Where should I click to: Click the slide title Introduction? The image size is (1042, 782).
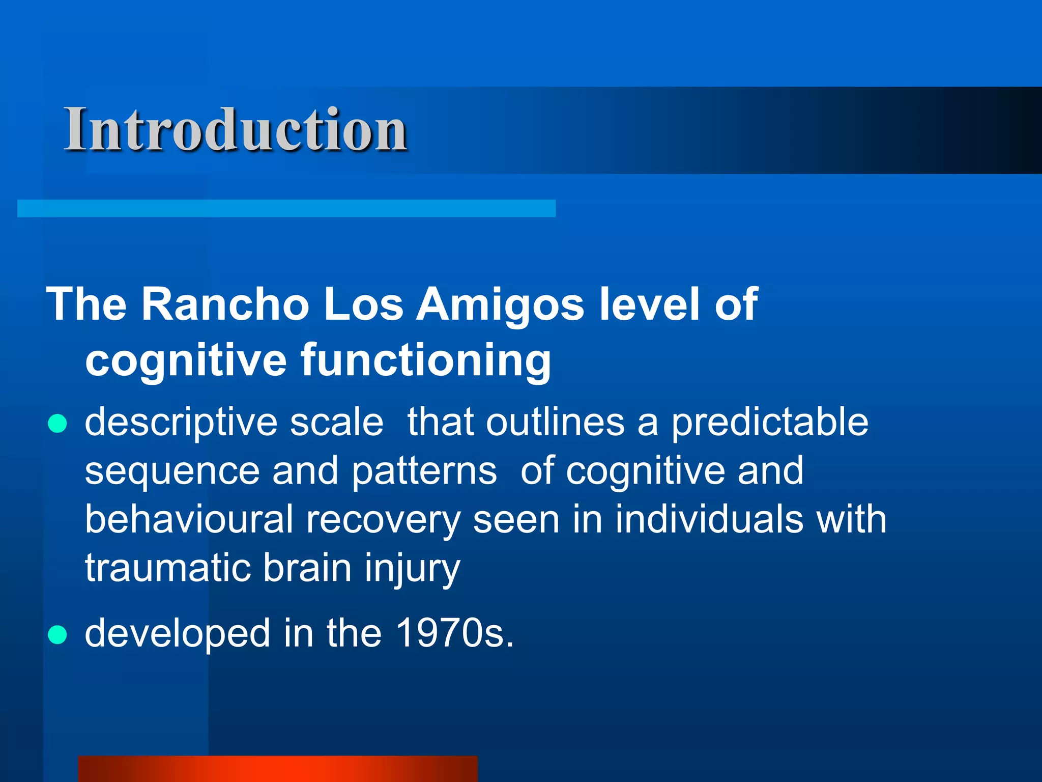pyautogui.click(x=235, y=130)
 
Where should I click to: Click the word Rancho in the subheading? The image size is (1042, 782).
pyautogui.click(x=225, y=304)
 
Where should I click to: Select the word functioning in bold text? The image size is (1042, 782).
pyautogui.click(x=425, y=360)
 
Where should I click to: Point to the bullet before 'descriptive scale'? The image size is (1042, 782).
pyautogui.click(x=57, y=423)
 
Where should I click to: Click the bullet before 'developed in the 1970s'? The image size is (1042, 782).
pyautogui.click(x=57, y=635)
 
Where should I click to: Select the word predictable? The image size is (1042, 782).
pyautogui.click(x=769, y=423)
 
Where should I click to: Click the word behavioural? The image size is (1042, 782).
pyautogui.click(x=189, y=520)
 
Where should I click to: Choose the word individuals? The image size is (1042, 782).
pyautogui.click(x=709, y=520)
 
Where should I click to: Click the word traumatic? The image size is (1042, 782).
pyautogui.click(x=167, y=568)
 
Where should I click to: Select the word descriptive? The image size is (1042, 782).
pyautogui.click(x=180, y=423)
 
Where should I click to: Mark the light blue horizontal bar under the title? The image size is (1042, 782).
pyautogui.click(x=286, y=208)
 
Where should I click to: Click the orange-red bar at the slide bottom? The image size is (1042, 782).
pyautogui.click(x=278, y=769)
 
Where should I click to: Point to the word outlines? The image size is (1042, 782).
pyautogui.click(x=555, y=423)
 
